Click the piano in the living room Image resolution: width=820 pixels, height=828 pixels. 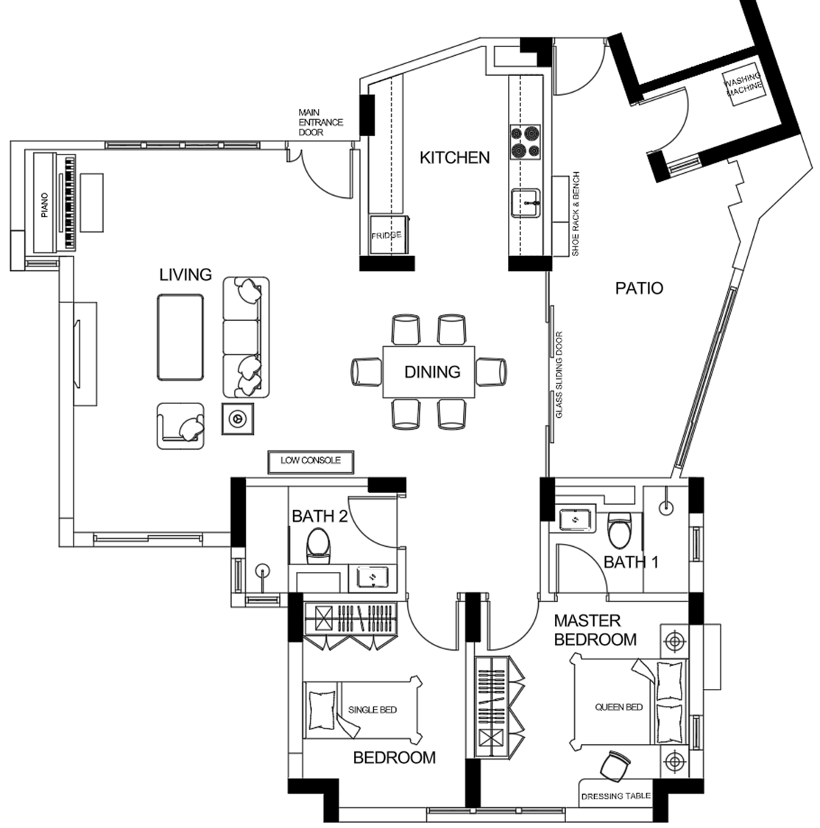coord(55,203)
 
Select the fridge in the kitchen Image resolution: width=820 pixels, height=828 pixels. coord(388,235)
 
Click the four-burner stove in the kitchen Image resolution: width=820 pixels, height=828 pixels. coord(526,142)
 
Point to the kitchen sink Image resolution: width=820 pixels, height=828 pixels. coord(526,203)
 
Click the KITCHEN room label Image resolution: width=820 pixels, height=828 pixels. coord(455,158)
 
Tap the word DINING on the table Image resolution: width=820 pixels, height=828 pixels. coord(432,372)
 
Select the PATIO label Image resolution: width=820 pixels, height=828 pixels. coord(639,288)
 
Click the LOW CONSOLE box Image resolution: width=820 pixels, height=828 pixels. coord(311,462)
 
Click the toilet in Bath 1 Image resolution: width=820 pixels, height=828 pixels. coord(618,531)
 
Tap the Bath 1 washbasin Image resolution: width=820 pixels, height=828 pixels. coord(575,520)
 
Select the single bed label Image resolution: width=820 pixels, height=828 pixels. coord(372,710)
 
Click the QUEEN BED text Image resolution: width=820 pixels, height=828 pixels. coord(619,707)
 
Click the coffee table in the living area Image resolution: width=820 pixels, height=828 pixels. coord(180,337)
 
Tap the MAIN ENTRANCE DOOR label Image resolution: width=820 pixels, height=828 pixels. coord(320,122)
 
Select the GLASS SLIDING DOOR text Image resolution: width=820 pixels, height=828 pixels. coord(559,375)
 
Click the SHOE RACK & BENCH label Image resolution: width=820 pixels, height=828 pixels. coord(576,214)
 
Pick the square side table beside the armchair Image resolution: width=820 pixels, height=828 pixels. coord(238,419)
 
